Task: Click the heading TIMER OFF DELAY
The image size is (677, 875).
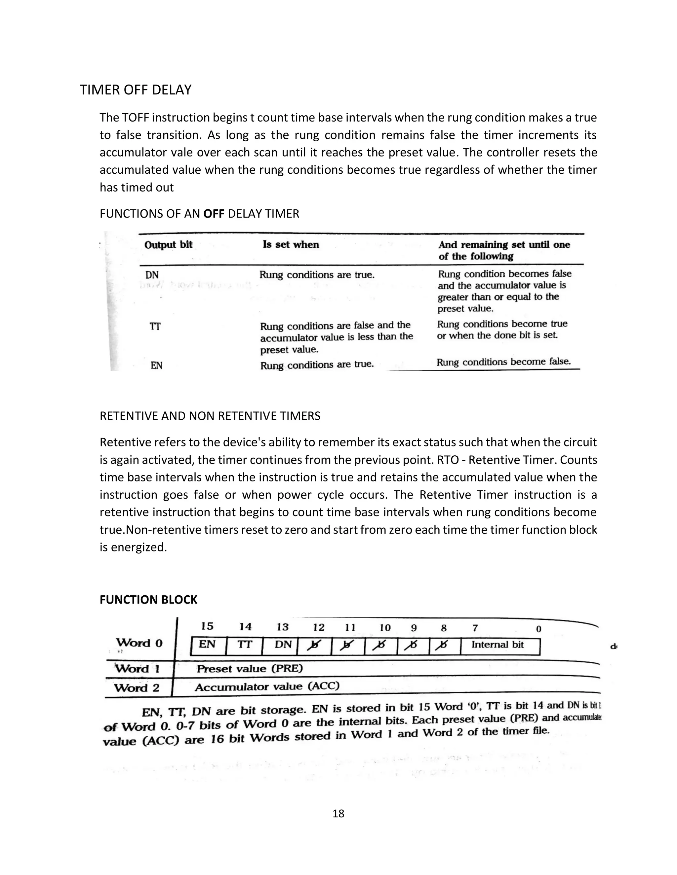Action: click(x=136, y=90)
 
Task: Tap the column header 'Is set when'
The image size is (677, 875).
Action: click(x=291, y=245)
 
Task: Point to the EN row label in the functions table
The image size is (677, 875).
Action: click(x=156, y=366)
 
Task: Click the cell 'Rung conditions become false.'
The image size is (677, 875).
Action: click(x=503, y=362)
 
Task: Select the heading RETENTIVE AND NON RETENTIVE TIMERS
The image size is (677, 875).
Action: click(x=210, y=416)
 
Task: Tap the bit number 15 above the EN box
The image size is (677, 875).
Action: click(x=207, y=626)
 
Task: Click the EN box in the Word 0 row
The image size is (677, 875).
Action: click(x=207, y=645)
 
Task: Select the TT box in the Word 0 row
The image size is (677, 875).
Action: click(x=244, y=645)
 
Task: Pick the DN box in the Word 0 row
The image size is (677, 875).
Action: click(x=283, y=645)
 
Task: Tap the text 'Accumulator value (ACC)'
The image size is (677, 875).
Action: click(x=267, y=687)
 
